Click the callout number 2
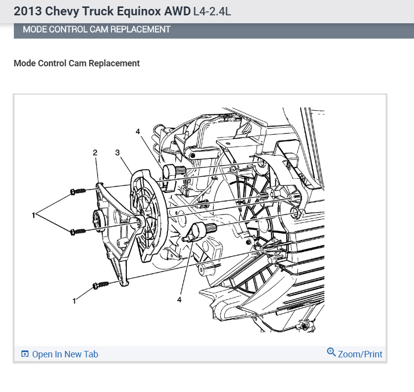(x=95, y=153)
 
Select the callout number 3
(x=118, y=153)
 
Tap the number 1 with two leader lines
(x=33, y=215)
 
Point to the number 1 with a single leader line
(x=74, y=300)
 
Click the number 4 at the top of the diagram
(x=138, y=131)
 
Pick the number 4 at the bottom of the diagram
(x=179, y=299)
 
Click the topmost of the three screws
(x=78, y=191)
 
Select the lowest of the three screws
(x=100, y=285)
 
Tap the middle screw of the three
(x=78, y=231)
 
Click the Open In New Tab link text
(x=65, y=354)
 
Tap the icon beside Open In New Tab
(x=25, y=354)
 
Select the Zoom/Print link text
(x=360, y=354)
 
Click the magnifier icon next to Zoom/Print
(x=331, y=352)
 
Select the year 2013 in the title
(x=26, y=11)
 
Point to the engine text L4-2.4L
(x=211, y=11)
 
